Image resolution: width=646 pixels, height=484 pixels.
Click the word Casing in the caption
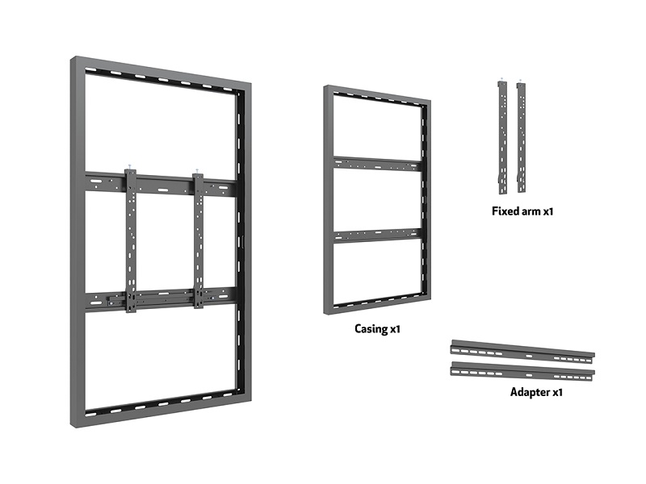point(371,329)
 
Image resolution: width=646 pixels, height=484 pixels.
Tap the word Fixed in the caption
point(505,211)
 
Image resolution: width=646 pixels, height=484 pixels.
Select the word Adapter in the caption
point(530,392)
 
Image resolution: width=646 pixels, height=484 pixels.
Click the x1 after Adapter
point(557,392)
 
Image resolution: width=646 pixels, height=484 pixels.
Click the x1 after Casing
point(395,329)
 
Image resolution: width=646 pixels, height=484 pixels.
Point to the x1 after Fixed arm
point(548,211)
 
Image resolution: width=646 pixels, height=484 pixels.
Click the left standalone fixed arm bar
point(502,137)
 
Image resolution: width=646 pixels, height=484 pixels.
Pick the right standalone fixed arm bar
point(521,137)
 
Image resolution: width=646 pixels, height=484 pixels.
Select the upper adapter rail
point(522,353)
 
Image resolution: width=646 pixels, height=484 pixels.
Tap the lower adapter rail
point(522,372)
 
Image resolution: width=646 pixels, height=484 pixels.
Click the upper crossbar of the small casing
point(378,165)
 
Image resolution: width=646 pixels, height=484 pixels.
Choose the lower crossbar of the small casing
point(378,236)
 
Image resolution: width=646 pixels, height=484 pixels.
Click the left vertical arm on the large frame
point(131,241)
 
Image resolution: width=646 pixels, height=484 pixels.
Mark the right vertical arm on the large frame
point(198,241)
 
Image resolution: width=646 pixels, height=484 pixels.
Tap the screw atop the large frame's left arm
point(129,166)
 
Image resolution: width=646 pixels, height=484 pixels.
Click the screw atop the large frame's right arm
point(197,170)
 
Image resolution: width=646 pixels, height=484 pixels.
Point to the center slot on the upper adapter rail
point(529,356)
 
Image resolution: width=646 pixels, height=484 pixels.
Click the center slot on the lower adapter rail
point(529,375)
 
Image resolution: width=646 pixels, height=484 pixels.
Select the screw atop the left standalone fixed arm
point(501,79)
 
